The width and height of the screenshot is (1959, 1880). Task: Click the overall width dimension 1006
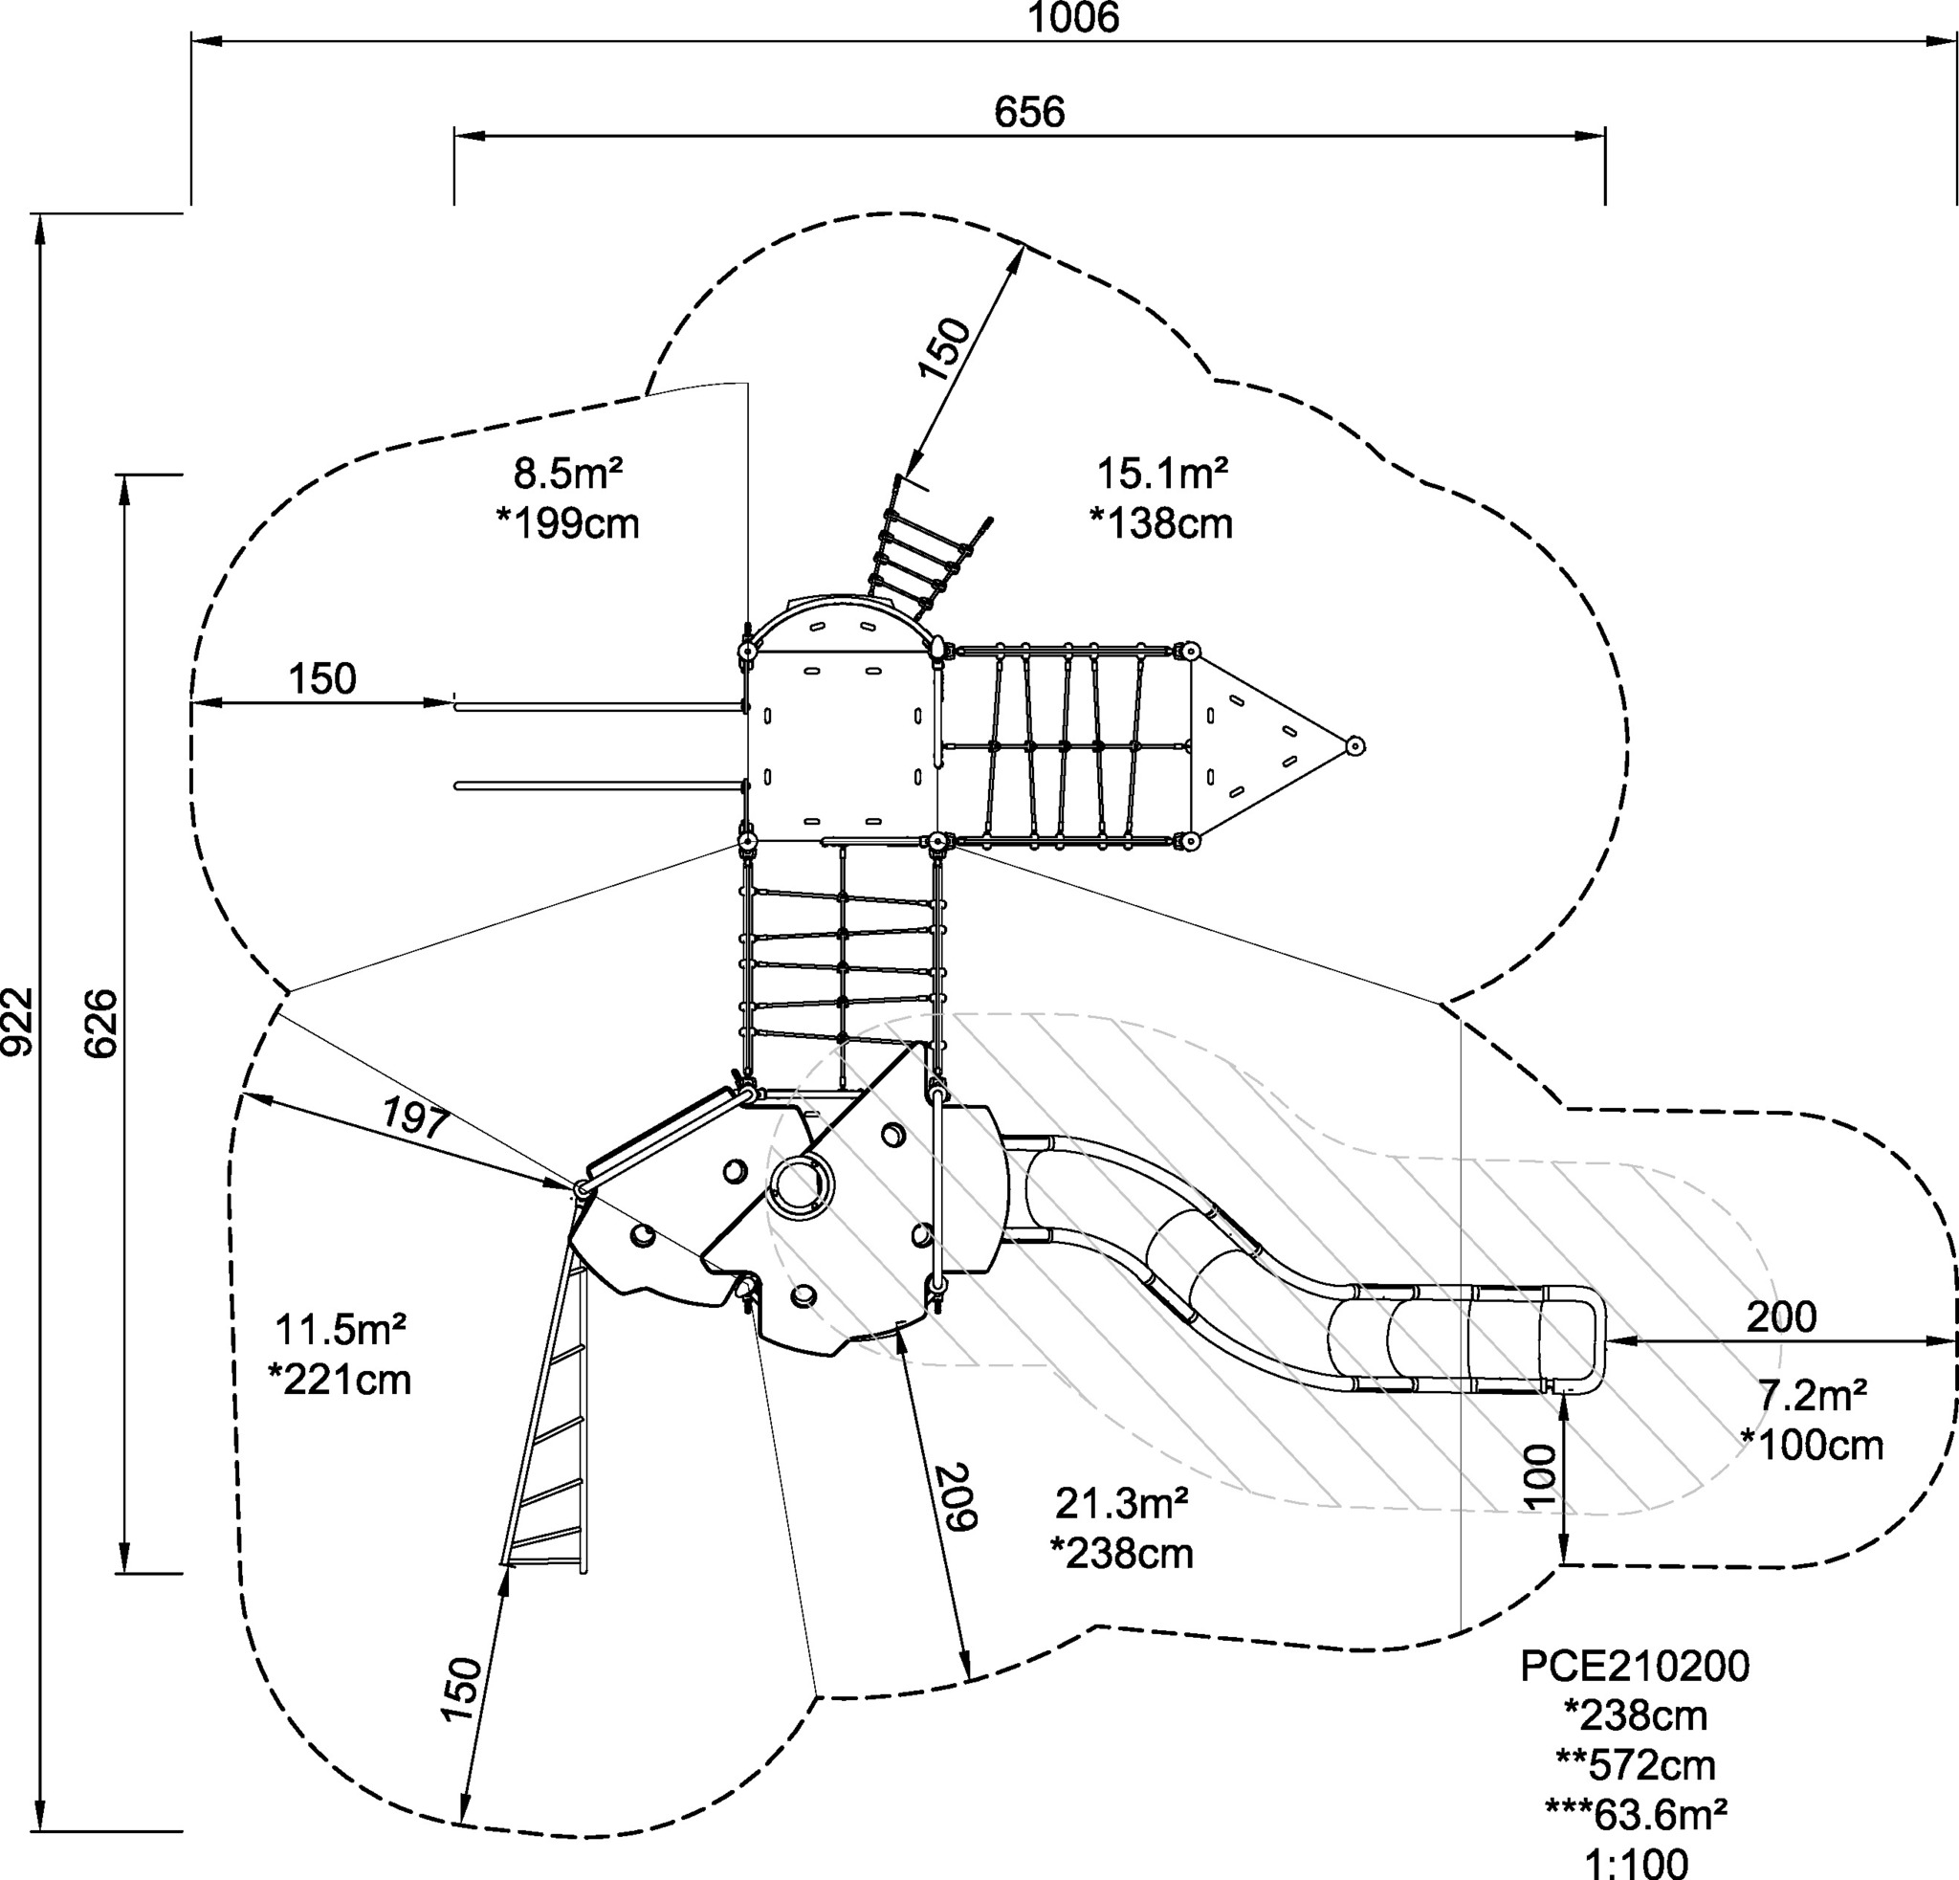(1073, 17)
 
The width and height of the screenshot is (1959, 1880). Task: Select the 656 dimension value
(1029, 112)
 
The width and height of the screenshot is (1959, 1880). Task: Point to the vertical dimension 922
(18, 1023)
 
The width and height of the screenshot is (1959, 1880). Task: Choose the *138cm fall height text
(1161, 523)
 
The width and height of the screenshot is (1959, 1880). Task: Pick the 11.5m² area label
(340, 1330)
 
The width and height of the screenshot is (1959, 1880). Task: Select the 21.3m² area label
(1121, 1503)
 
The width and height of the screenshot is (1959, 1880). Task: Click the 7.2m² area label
(1813, 1395)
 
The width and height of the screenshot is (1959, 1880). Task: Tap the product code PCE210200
(1635, 1666)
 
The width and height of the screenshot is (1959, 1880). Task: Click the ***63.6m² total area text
(1636, 1812)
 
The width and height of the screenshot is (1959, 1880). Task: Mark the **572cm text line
(1636, 1765)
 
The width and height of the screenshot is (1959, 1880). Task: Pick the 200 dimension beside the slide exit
(1781, 1317)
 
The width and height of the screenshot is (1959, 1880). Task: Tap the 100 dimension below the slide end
(1541, 1475)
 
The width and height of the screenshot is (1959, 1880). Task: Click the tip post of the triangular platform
(1354, 745)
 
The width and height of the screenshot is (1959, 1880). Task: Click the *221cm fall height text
(340, 1381)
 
